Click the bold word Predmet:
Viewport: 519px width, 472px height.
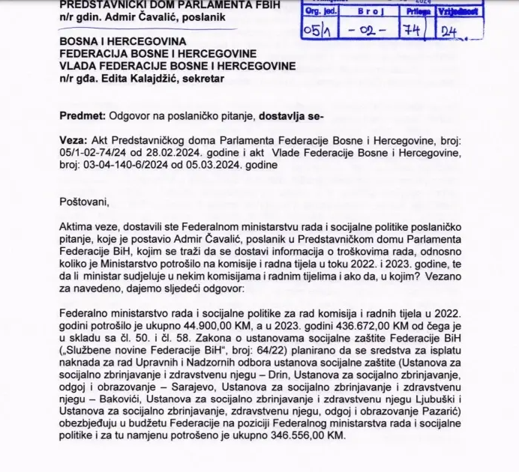tap(81, 115)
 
